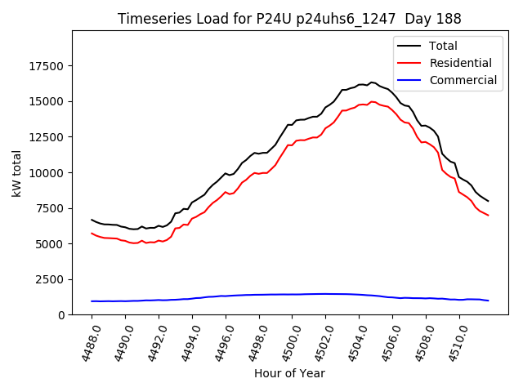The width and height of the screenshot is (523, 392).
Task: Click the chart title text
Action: click(289, 19)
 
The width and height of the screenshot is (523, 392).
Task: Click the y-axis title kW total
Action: click(17, 172)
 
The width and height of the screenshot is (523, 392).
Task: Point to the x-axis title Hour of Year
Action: click(289, 373)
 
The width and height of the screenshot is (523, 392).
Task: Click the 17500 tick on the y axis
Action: click(48, 66)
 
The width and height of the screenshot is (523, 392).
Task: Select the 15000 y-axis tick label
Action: click(48, 102)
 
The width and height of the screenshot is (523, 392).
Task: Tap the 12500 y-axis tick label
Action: click(48, 137)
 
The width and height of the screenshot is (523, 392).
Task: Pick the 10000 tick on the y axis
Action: click(48, 173)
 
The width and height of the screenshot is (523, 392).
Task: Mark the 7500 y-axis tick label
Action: click(51, 208)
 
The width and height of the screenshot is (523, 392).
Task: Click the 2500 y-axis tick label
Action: click(51, 279)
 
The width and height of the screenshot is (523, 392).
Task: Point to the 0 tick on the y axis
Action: click(62, 315)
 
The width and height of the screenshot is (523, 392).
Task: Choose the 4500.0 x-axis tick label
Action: click(286, 341)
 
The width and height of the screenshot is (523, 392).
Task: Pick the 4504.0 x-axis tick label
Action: click(353, 341)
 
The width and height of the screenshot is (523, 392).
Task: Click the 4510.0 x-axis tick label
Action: click(454, 341)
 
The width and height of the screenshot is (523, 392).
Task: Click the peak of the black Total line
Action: click(372, 82)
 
